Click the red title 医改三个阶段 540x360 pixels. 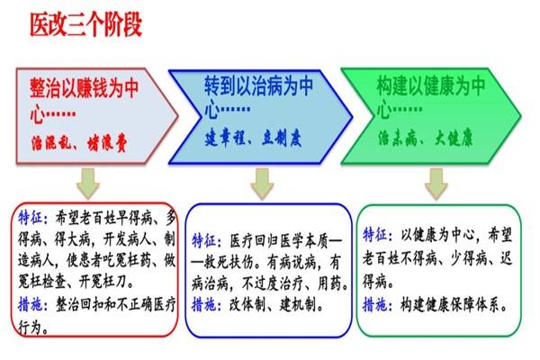[86, 25]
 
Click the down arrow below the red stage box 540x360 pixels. [88, 184]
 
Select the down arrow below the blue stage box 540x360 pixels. [262, 184]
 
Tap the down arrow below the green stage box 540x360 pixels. [436, 184]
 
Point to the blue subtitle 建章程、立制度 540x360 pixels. [253, 139]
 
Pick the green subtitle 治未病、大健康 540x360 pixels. [426, 138]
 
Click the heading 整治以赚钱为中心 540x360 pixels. [85, 100]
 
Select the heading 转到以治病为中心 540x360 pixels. [258, 97]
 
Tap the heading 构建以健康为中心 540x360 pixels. [431, 97]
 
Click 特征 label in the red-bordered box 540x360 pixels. [31, 218]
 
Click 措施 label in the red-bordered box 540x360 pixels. [31, 304]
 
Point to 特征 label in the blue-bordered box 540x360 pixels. [204, 241]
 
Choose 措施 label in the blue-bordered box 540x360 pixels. [204, 304]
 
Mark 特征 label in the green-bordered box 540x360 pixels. [375, 235]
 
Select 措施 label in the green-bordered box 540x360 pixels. [375, 305]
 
